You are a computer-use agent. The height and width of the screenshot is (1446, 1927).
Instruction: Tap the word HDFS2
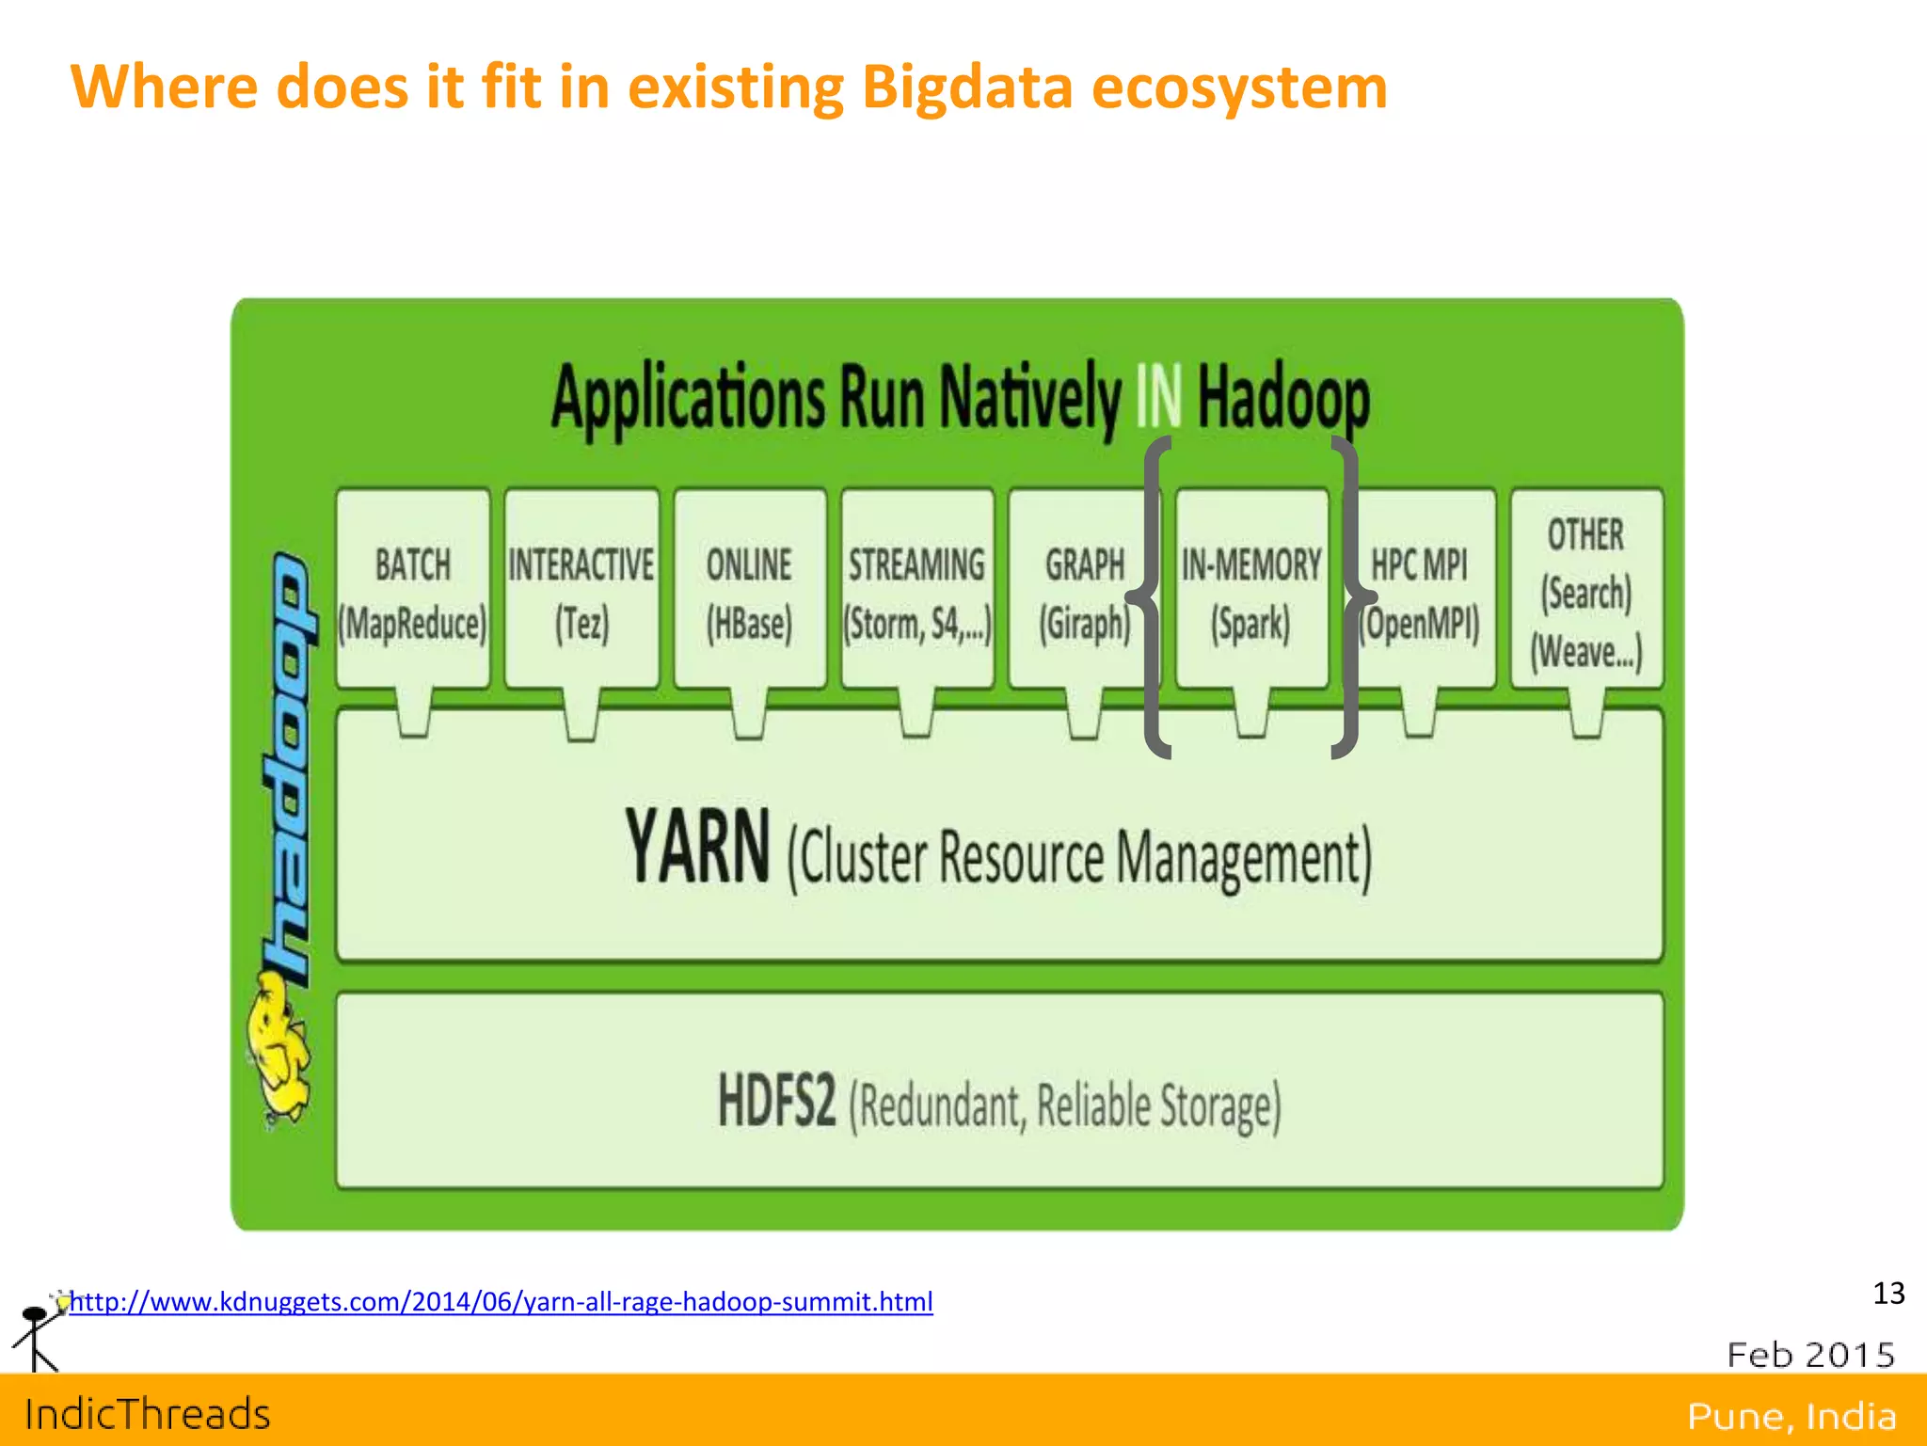pyautogui.click(x=776, y=1101)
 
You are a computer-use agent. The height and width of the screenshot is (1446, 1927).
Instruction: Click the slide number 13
pyautogui.click(x=1888, y=1294)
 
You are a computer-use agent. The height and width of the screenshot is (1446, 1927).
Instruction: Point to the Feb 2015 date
pyautogui.click(x=1810, y=1355)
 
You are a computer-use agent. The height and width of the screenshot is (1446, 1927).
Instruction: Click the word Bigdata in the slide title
pyautogui.click(x=966, y=87)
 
